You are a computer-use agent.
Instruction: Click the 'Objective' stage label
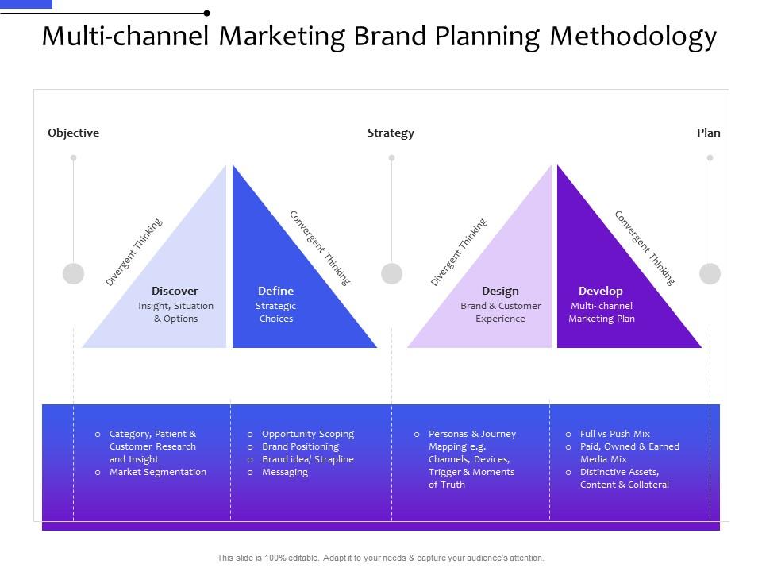click(x=73, y=133)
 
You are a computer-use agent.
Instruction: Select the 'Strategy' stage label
click(x=391, y=133)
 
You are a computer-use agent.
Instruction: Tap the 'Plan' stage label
click(x=708, y=133)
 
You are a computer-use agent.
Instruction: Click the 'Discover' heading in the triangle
click(x=175, y=291)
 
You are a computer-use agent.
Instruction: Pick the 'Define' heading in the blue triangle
click(x=275, y=291)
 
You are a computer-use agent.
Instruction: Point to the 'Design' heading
click(x=500, y=291)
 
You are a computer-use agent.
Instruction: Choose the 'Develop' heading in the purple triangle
click(x=600, y=291)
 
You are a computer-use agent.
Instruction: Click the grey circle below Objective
click(x=73, y=273)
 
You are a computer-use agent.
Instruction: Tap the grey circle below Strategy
click(x=391, y=273)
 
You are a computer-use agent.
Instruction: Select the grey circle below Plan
click(x=710, y=273)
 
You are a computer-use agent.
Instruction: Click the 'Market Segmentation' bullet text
click(x=157, y=472)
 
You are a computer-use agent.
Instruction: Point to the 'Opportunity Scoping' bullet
click(x=307, y=434)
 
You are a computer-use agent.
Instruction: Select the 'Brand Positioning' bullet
click(x=300, y=446)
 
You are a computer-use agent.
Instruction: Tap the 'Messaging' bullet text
click(x=284, y=472)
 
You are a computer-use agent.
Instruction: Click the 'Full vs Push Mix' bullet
click(x=614, y=434)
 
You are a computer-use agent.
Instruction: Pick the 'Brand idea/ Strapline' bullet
click(x=307, y=459)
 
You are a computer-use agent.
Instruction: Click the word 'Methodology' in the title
click(x=633, y=37)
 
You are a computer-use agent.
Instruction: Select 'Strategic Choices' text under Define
click(x=275, y=312)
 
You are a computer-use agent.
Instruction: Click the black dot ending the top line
click(x=206, y=13)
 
